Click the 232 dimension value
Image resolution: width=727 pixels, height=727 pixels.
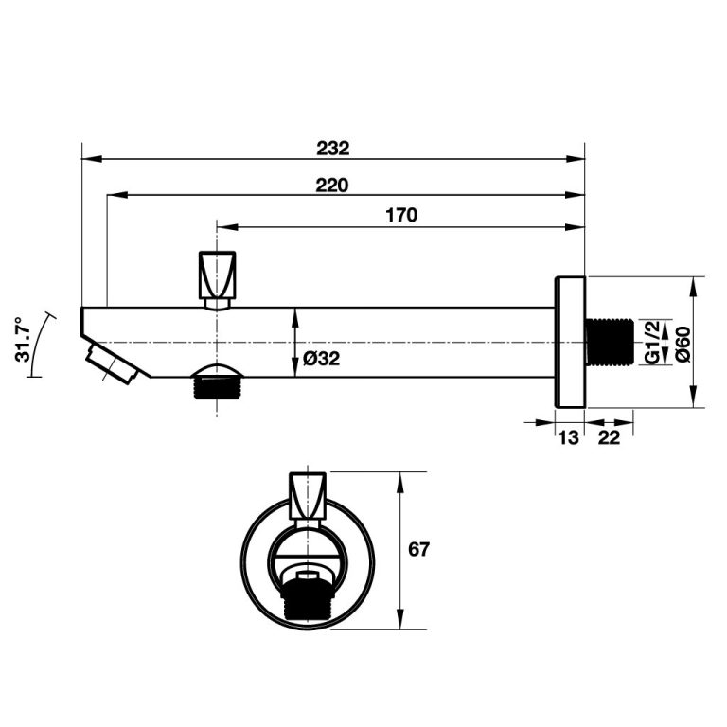(x=333, y=149)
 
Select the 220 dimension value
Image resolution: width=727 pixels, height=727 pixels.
(x=332, y=186)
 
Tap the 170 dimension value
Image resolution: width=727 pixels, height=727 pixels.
(x=401, y=215)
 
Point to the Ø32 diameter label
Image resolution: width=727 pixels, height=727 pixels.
(x=321, y=359)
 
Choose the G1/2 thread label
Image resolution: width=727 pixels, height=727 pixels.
(x=652, y=342)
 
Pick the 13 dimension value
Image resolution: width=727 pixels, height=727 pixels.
(x=568, y=437)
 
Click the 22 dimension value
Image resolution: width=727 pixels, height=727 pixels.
(x=609, y=437)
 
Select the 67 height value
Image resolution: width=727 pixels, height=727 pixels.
(x=418, y=549)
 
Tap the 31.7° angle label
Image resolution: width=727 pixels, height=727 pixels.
(x=23, y=340)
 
